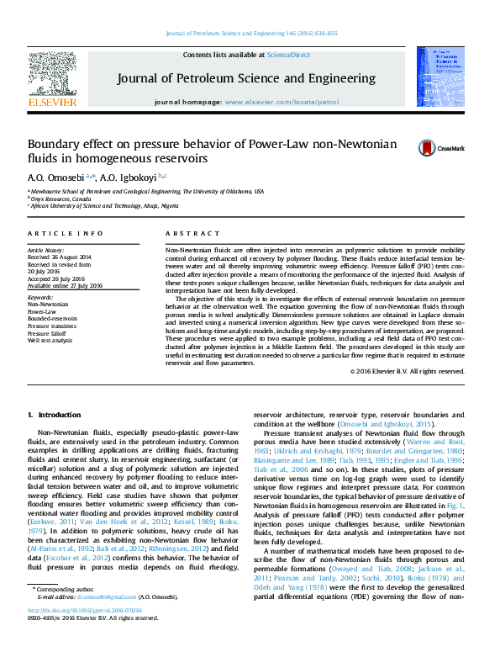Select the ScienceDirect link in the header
[x=287, y=55]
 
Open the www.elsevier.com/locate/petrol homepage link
[x=282, y=102]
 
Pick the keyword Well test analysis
[x=49, y=339]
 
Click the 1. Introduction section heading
[x=55, y=415]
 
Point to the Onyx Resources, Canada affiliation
[x=66, y=199]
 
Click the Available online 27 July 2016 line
[x=66, y=285]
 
